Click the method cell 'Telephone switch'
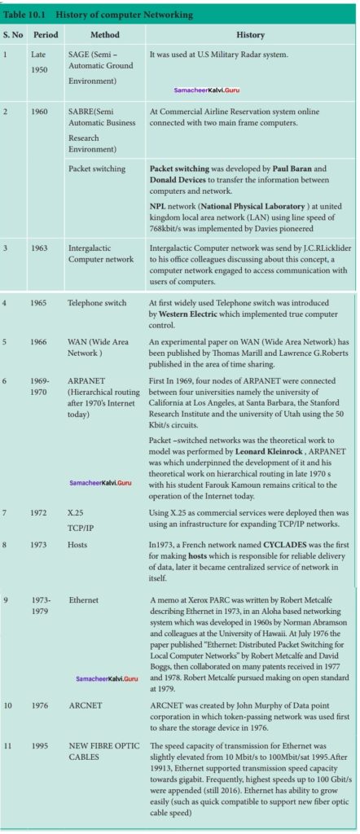[98, 303]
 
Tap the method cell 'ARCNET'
[85, 705]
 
